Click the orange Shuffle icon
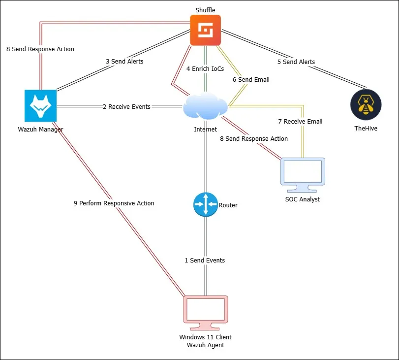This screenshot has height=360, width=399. point(206,30)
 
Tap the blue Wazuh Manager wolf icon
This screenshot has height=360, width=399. point(40,105)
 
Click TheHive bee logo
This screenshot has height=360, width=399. point(366,105)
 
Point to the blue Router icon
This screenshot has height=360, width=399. point(205,204)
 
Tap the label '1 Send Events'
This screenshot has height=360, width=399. point(205,260)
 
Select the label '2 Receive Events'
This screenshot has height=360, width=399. point(126,106)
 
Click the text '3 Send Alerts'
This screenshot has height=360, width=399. point(124,62)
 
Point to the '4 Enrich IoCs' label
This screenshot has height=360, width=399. point(205,69)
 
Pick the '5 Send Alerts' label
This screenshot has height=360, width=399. point(296,62)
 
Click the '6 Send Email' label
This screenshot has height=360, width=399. point(251,79)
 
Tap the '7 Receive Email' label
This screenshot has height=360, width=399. point(300,121)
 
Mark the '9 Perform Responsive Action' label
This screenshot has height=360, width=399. point(114,203)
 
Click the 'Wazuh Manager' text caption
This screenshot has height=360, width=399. point(40,130)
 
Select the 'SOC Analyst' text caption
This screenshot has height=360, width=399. point(303,199)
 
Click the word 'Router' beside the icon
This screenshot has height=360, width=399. point(228,205)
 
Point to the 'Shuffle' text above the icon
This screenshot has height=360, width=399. point(205,10)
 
